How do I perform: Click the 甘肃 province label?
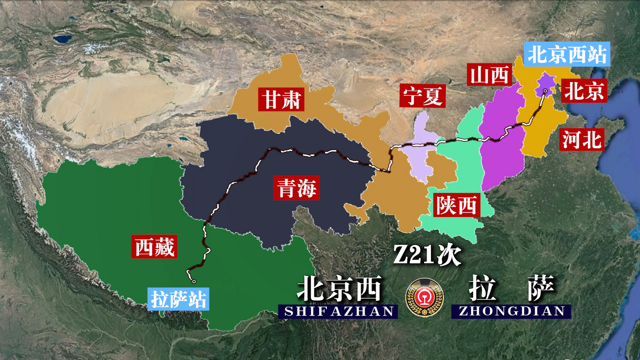point(281,99)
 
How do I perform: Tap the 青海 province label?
point(296,188)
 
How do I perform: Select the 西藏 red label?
point(154,247)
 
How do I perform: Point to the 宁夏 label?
point(422,96)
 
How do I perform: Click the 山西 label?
point(489,75)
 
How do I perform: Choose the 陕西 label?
point(456,205)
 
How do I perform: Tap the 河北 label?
point(582,140)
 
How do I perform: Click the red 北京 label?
point(584,91)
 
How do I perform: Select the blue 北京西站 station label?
point(567,54)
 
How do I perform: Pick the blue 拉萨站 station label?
point(178,299)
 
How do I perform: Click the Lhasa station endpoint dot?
point(194,281)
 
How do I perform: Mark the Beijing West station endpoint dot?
point(545,91)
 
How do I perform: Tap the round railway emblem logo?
point(424,297)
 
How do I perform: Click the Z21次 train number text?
point(427,255)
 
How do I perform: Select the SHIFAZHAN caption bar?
point(338,311)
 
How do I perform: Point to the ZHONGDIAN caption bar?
point(511,311)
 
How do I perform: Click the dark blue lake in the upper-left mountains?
point(62,39)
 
